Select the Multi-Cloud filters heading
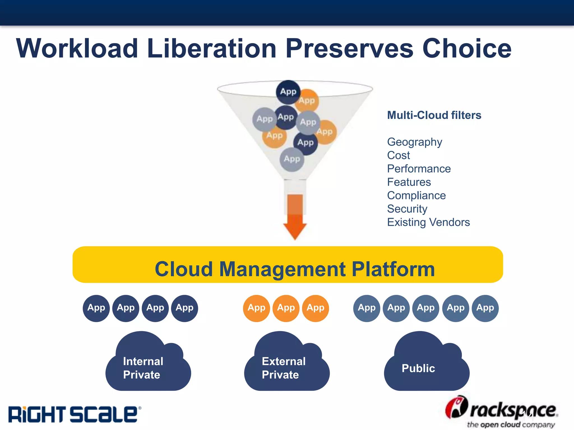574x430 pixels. [x=434, y=115]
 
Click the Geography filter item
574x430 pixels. [x=414, y=142]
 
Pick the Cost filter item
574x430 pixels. [x=398, y=155]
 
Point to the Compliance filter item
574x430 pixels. [x=416, y=195]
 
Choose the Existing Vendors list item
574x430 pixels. [x=428, y=222]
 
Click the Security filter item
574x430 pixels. [x=407, y=209]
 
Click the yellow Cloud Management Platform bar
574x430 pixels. [x=288, y=265]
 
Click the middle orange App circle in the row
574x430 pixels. [x=286, y=308]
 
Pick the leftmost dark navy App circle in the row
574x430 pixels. [x=96, y=308]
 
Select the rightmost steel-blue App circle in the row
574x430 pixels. [x=485, y=308]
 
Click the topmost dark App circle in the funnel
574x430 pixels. [x=288, y=92]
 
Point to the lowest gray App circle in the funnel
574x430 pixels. [x=292, y=159]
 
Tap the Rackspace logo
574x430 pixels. [x=502, y=412]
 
